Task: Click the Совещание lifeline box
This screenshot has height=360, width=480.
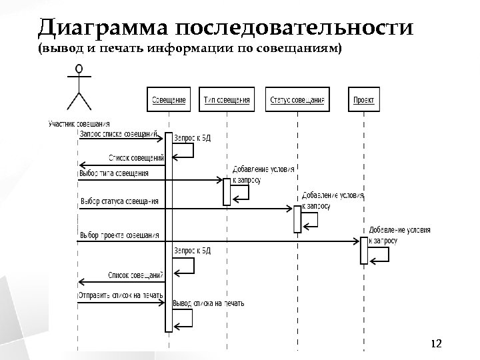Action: (x=169, y=100)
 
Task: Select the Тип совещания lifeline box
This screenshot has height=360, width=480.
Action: (x=227, y=100)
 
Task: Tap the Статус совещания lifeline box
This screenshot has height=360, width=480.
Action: (x=297, y=100)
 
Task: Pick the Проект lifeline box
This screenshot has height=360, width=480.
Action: (x=363, y=100)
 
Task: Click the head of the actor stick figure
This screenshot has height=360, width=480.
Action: (x=79, y=69)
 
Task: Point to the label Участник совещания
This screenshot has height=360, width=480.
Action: (x=79, y=123)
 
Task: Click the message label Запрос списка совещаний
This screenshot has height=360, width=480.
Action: (x=118, y=134)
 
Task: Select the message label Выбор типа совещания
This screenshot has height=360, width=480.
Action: (x=113, y=173)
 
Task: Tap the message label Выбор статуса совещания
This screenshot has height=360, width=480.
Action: (x=119, y=201)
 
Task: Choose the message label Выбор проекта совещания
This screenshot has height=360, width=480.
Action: (x=119, y=235)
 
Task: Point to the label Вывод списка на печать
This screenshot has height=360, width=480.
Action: (x=208, y=303)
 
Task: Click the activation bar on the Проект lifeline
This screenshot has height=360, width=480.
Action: (x=364, y=250)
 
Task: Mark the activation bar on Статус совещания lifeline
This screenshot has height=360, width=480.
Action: (x=297, y=219)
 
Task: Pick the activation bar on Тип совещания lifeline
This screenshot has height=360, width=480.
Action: (x=227, y=191)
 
